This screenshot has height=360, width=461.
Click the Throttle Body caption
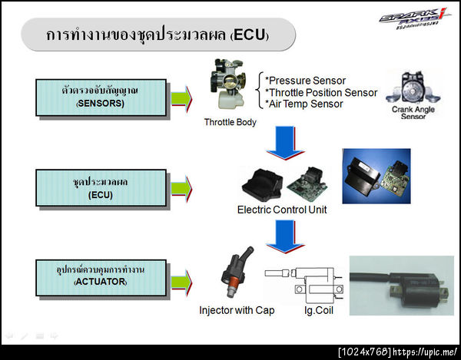click(230, 122)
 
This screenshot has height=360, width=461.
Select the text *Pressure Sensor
click(304, 81)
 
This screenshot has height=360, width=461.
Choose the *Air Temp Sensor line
click(303, 104)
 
